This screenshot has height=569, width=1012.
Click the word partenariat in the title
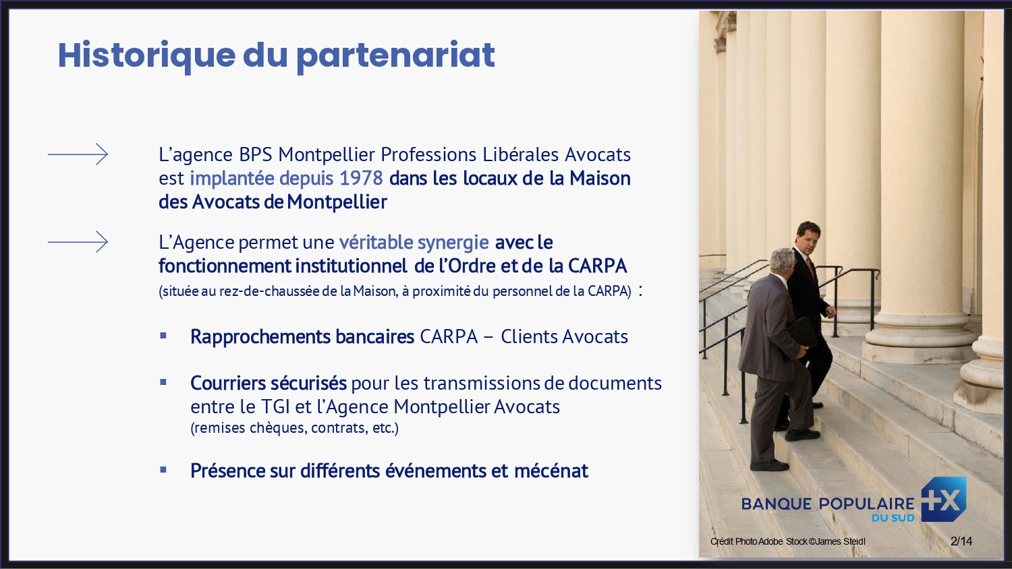pos(395,55)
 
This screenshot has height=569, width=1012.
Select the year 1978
pos(361,179)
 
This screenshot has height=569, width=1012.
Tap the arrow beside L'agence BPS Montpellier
pos(78,154)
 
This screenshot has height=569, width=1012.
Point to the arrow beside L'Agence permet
pos(78,241)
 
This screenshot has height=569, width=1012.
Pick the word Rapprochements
pos(260,336)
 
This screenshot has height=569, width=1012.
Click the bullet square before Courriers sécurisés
pos(163,382)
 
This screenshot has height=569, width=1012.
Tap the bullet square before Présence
pos(163,469)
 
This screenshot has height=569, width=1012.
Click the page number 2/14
pos(961,541)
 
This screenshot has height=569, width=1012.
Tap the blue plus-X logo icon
pos(944,500)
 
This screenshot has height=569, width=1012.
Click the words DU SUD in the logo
pos(893,518)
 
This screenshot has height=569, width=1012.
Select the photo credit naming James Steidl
pos(787,541)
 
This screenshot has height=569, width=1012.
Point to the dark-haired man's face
pos(810,238)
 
